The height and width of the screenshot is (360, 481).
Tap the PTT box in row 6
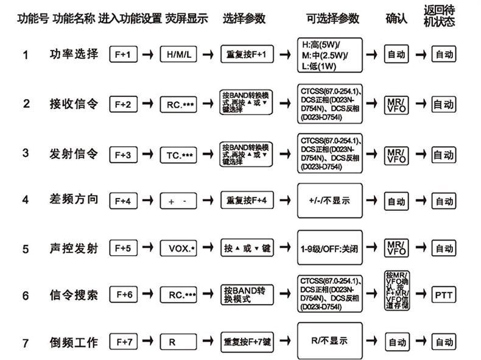[443, 295]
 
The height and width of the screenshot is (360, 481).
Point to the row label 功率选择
[73, 54]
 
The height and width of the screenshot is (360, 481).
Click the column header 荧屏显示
[186, 18]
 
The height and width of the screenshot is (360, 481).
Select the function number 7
[26, 343]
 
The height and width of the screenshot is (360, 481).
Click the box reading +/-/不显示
[329, 200]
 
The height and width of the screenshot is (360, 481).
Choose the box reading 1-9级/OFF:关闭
[329, 249]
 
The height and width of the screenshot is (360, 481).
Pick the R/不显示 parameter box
[329, 341]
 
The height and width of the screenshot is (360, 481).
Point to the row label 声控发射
[73, 249]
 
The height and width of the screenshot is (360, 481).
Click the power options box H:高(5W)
[329, 55]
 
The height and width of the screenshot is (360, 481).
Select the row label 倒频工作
[73, 342]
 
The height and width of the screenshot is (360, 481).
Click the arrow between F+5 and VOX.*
[147, 249]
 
